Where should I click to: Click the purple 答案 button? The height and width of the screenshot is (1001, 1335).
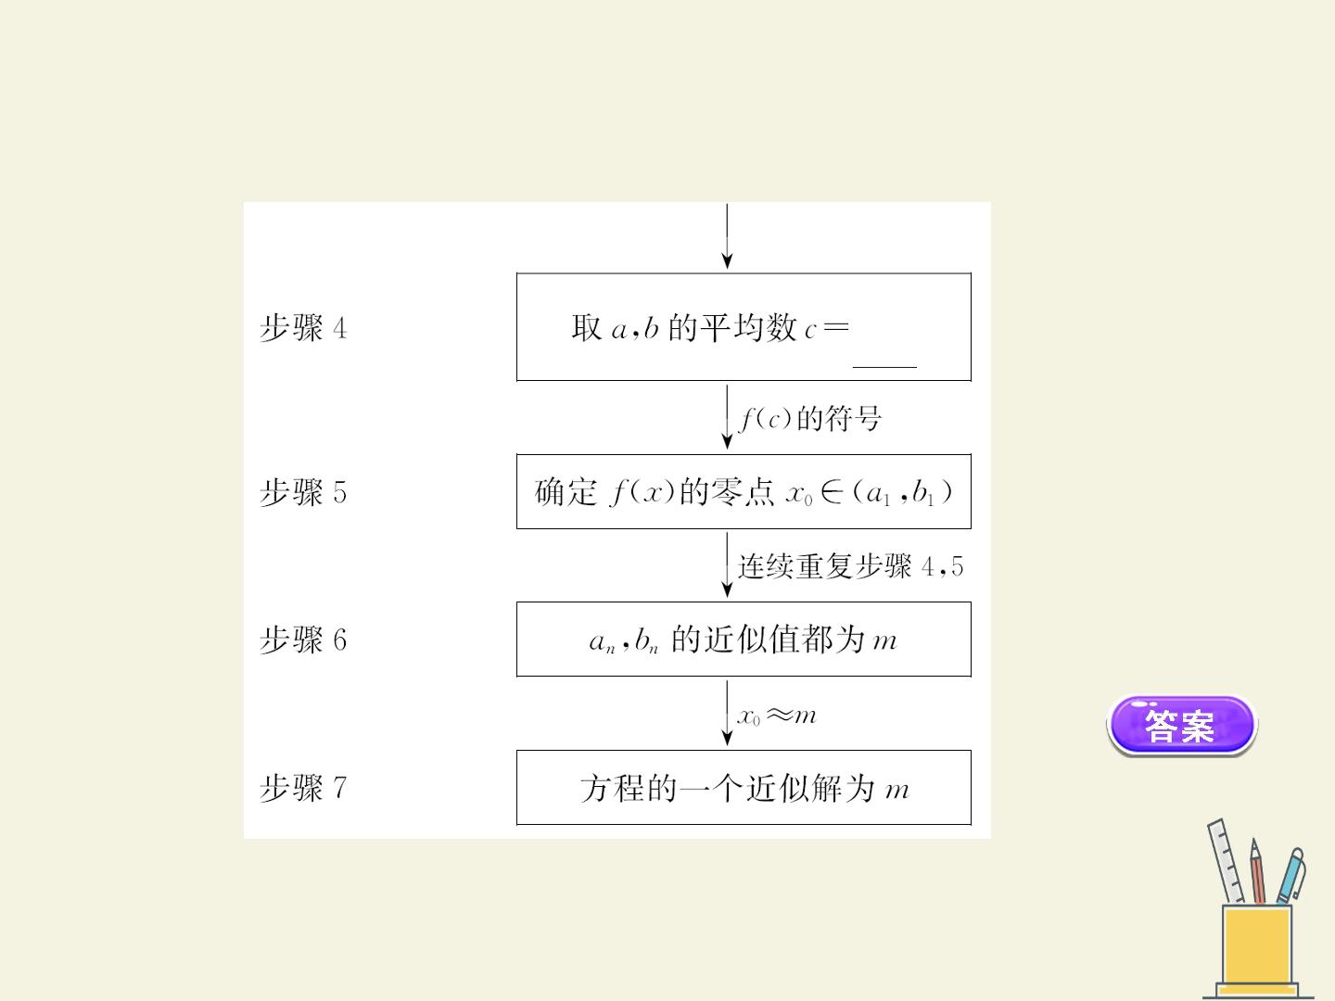pyautogui.click(x=1181, y=725)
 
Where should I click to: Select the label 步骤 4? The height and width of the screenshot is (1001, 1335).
pyautogui.click(x=303, y=328)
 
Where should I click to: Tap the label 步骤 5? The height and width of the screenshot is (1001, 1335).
pyautogui.click(x=303, y=491)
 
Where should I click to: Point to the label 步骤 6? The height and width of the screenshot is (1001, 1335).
pyautogui.click(x=303, y=640)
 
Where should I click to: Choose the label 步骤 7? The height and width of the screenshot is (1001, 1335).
pyautogui.click(x=303, y=788)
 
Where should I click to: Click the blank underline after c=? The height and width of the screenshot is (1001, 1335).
pyautogui.click(x=884, y=367)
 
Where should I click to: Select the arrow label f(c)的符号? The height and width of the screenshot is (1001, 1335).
pyautogui.click(x=810, y=418)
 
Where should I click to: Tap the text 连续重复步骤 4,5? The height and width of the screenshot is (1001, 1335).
pyautogui.click(x=850, y=566)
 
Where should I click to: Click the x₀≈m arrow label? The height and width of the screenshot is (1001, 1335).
pyautogui.click(x=777, y=716)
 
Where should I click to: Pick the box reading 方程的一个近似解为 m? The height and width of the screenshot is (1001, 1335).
pyautogui.click(x=744, y=788)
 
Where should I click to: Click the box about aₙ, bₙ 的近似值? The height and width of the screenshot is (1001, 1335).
pyautogui.click(x=744, y=640)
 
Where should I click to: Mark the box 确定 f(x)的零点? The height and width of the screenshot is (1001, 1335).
pyautogui.click(x=744, y=491)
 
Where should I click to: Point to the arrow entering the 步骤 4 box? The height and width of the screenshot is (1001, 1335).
pyautogui.click(x=727, y=235)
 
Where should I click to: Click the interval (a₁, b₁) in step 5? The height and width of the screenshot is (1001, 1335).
pyautogui.click(x=903, y=492)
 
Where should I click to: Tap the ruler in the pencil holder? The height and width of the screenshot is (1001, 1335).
pyautogui.click(x=1227, y=861)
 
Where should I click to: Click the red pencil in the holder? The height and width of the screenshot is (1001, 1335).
pyautogui.click(x=1258, y=871)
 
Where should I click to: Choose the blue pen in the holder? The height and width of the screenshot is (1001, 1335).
pyautogui.click(x=1290, y=876)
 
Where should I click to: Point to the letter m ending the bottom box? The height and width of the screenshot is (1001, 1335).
pyautogui.click(x=897, y=791)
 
